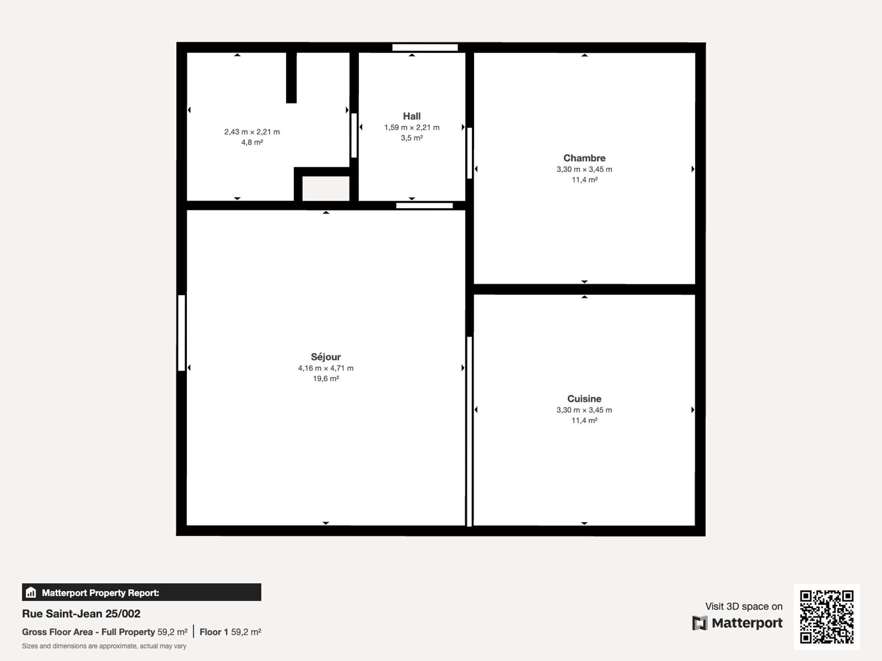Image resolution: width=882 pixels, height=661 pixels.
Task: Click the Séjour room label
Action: (x=326, y=357)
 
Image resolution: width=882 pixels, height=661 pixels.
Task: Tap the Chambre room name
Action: (x=584, y=158)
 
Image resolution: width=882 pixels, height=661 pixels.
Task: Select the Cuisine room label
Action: (x=584, y=399)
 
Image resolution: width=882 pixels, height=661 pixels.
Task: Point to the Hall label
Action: (x=412, y=116)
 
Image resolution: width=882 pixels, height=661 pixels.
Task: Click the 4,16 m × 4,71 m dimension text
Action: (x=326, y=368)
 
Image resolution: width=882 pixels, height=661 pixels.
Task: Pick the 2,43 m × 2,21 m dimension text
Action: (x=252, y=132)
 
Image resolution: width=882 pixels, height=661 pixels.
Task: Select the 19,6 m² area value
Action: (x=326, y=379)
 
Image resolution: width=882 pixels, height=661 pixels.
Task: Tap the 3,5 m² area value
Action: (x=412, y=138)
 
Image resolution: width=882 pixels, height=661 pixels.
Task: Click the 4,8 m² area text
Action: (x=252, y=142)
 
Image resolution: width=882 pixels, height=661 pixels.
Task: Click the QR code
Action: (x=827, y=617)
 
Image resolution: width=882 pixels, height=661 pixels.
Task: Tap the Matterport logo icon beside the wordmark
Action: (x=700, y=623)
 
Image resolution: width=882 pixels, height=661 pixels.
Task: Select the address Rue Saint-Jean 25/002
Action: (x=81, y=614)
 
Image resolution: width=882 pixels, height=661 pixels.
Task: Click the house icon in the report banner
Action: (x=31, y=592)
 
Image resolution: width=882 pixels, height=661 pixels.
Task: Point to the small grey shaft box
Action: (x=326, y=188)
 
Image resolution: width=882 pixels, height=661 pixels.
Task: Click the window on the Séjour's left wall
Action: (x=181, y=333)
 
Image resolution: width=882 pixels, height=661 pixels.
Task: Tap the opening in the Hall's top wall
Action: (x=425, y=47)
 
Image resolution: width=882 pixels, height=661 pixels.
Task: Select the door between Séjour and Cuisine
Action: (x=469, y=431)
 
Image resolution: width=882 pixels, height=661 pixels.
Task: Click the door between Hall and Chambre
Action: (x=469, y=153)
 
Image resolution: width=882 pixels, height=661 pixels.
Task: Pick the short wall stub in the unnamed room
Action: (x=291, y=78)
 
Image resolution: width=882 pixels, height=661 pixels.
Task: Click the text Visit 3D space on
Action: (x=744, y=606)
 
